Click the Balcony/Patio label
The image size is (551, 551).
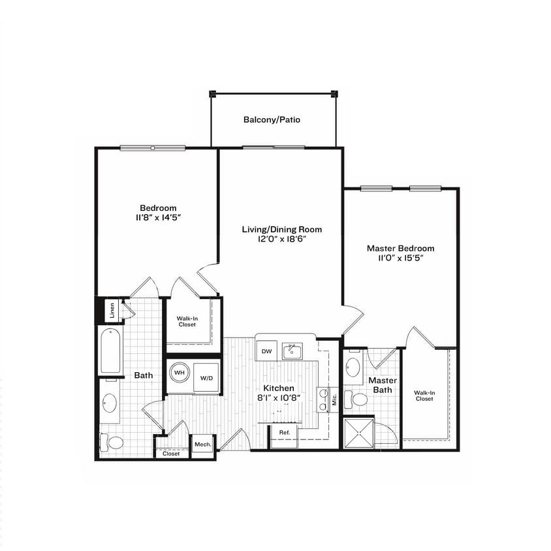[272, 120]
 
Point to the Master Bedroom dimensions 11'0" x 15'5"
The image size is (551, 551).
[400, 259]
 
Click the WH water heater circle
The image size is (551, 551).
[179, 373]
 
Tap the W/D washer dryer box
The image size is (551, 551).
[206, 377]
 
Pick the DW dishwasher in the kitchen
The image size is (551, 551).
[266, 351]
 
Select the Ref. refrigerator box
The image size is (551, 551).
[285, 433]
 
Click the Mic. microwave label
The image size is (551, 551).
[334, 400]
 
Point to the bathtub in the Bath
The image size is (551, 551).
[110, 351]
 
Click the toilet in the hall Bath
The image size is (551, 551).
[113, 443]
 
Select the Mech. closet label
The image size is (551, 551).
[202, 445]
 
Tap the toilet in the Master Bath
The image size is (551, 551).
[357, 399]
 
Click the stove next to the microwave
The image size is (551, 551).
[322, 400]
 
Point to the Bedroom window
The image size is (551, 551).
[152, 148]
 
